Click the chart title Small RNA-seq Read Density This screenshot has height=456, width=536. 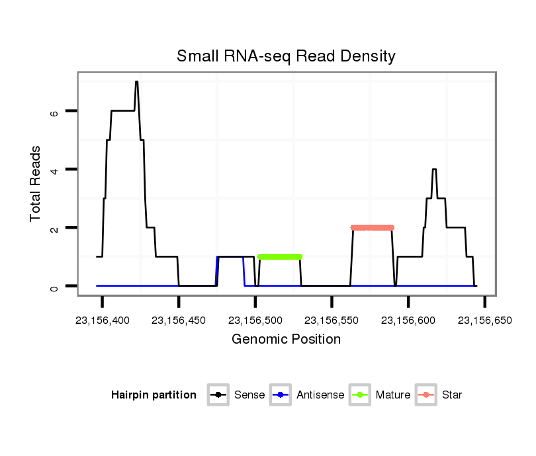(286, 56)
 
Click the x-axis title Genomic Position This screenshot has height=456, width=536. (286, 340)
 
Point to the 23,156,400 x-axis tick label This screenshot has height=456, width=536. (103, 320)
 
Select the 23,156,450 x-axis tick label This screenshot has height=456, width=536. (179, 320)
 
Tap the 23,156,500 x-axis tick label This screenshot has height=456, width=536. (255, 320)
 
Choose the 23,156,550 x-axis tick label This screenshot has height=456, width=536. (332, 320)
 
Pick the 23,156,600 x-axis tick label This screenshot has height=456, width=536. (408, 320)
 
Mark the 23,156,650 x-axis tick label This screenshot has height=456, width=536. (484, 320)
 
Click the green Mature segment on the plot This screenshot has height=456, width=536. (279, 256)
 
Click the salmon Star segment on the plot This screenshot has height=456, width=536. (373, 227)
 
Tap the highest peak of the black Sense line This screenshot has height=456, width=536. (136, 82)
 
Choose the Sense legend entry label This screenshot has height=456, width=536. (249, 395)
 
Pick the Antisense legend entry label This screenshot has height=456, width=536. (320, 395)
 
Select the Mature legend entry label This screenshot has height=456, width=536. (393, 395)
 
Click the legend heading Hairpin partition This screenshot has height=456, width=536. (154, 395)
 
